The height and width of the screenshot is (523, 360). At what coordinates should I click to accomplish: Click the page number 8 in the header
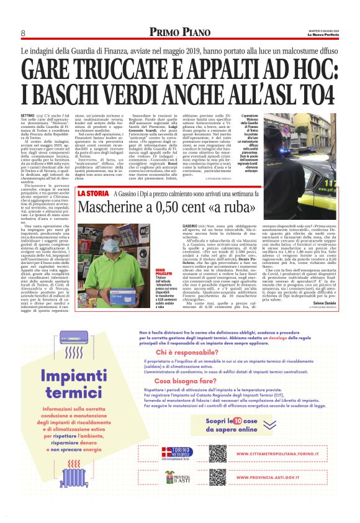23,33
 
